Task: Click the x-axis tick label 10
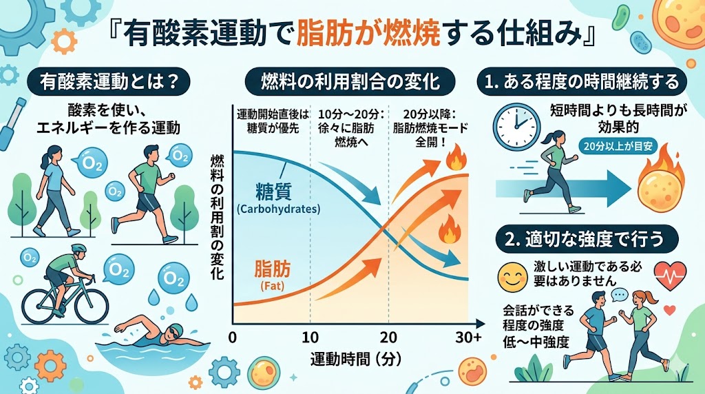311,338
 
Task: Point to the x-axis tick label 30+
468,338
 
